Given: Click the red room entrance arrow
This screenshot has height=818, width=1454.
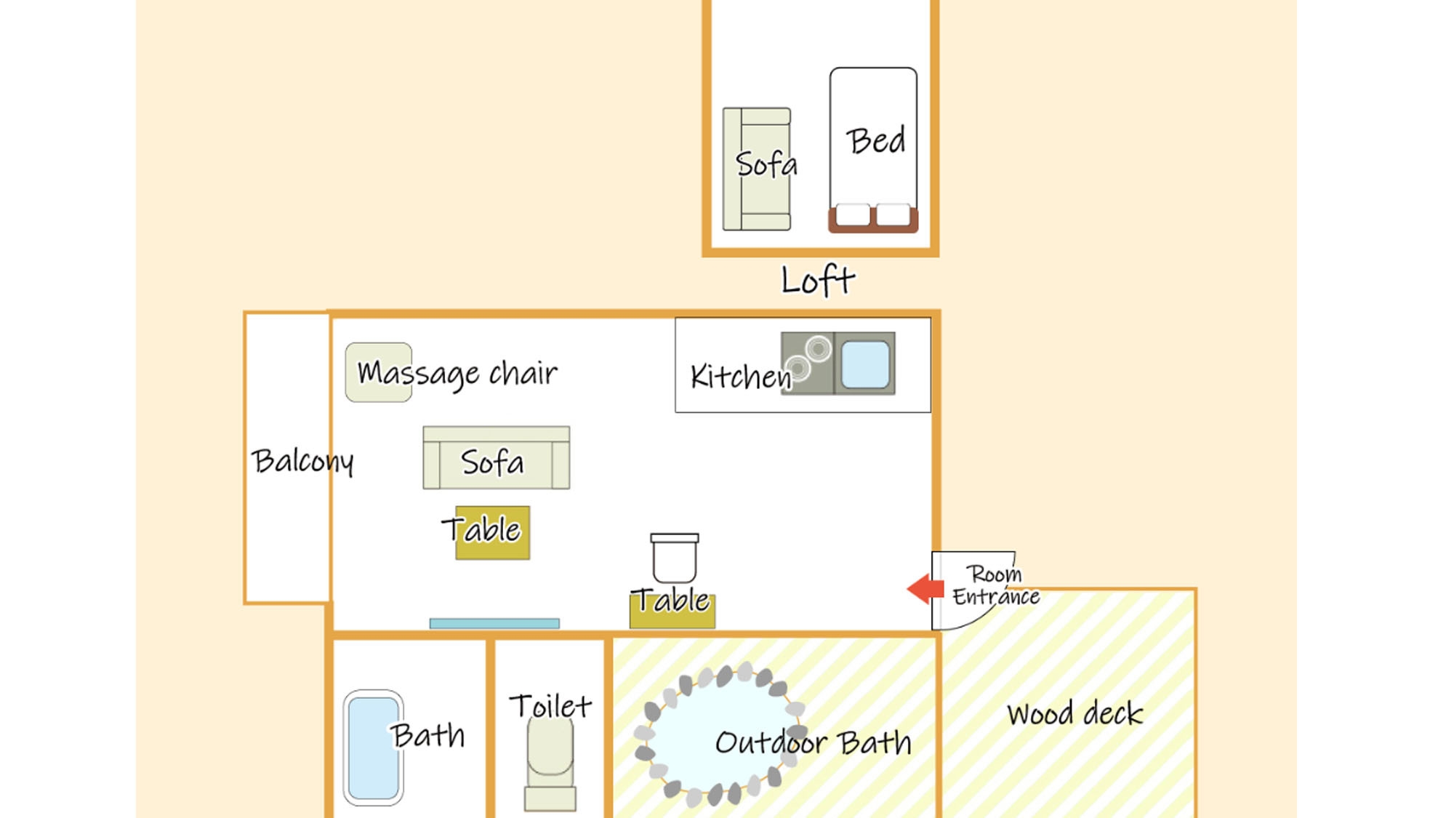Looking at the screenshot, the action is [x=925, y=588].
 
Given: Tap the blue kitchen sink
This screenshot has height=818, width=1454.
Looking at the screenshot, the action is [x=865, y=364].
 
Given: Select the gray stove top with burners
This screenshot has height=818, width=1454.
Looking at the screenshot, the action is [x=807, y=364].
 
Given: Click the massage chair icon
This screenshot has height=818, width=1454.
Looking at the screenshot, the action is [x=379, y=372].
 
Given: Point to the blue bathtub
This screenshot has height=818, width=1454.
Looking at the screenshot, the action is [x=374, y=748].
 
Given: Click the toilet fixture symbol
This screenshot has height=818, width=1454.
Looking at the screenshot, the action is [x=550, y=763].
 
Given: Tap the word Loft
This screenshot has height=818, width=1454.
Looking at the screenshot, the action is [x=818, y=281].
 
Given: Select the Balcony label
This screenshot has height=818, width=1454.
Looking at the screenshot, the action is [x=302, y=462].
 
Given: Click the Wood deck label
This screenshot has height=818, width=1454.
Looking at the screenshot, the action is [x=1075, y=713].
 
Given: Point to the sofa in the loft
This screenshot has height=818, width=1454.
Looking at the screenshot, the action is [x=757, y=169].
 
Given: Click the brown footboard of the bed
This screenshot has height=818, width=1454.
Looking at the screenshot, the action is [x=873, y=220].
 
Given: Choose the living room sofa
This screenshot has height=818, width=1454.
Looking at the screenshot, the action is [x=497, y=458].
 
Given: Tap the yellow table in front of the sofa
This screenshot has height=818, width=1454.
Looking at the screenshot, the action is [x=493, y=533].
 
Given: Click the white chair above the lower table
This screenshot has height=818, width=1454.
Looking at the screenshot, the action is [x=675, y=558].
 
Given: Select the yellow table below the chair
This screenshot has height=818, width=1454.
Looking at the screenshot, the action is [x=672, y=611].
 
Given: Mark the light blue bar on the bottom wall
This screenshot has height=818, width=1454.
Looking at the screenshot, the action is [x=494, y=623].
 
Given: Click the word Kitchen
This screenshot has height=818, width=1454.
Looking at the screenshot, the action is [x=741, y=377].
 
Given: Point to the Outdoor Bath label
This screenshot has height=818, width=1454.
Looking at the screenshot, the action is [x=813, y=742].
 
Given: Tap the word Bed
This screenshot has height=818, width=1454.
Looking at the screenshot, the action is [x=876, y=140].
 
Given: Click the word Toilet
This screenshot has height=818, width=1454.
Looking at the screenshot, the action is [x=550, y=706].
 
